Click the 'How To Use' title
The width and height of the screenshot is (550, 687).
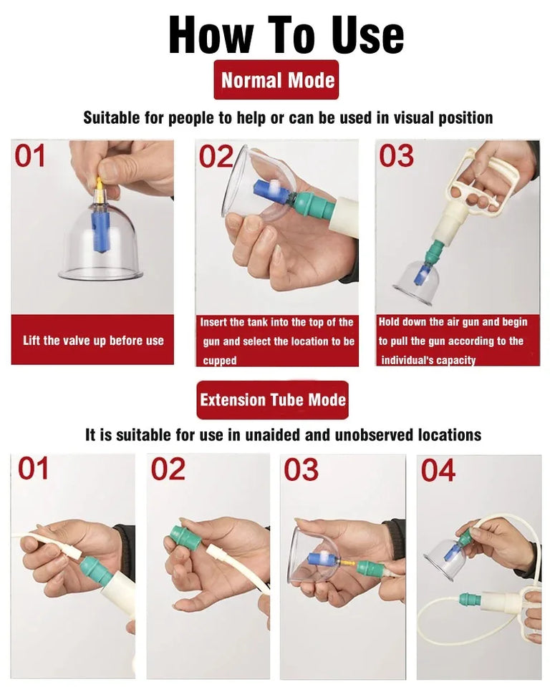[286, 34]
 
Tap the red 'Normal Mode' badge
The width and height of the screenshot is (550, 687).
[276, 79]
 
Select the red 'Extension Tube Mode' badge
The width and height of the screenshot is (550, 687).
[272, 400]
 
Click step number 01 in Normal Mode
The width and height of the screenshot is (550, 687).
[30, 157]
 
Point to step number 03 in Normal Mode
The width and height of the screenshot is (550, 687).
[396, 157]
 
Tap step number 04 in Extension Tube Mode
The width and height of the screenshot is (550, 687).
[438, 471]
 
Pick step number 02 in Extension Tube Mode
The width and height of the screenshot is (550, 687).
[168, 469]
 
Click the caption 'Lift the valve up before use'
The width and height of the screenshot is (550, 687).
[93, 341]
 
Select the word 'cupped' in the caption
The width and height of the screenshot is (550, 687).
[219, 361]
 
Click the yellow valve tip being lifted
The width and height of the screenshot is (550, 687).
[99, 189]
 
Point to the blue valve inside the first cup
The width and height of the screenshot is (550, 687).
[99, 232]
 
